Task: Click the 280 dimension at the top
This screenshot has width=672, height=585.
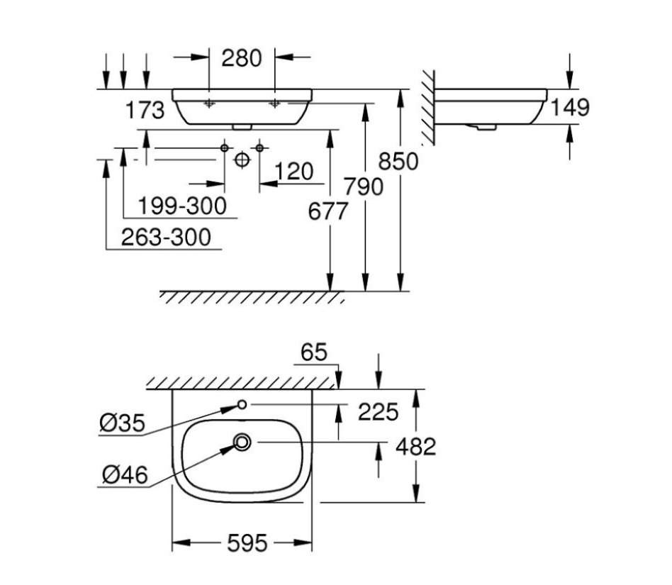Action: click(x=242, y=58)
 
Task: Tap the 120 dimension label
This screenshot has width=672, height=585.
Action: click(x=294, y=172)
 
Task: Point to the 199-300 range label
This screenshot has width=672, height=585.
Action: click(x=182, y=206)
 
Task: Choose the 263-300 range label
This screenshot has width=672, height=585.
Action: click(x=167, y=237)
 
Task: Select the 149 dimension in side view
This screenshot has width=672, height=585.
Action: click(x=569, y=107)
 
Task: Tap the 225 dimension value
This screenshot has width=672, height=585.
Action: click(x=379, y=411)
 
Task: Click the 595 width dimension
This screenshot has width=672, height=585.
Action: click(x=247, y=544)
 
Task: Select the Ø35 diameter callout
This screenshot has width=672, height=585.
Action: click(x=121, y=424)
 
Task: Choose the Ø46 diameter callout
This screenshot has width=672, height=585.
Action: click(x=124, y=475)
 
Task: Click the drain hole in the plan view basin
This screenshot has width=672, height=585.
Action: click(x=242, y=442)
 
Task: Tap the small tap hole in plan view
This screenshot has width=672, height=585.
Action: click(x=242, y=404)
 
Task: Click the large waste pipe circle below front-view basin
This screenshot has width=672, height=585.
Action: click(x=242, y=160)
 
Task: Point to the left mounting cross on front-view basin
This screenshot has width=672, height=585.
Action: click(x=209, y=105)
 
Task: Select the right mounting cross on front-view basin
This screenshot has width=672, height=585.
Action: click(x=275, y=105)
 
